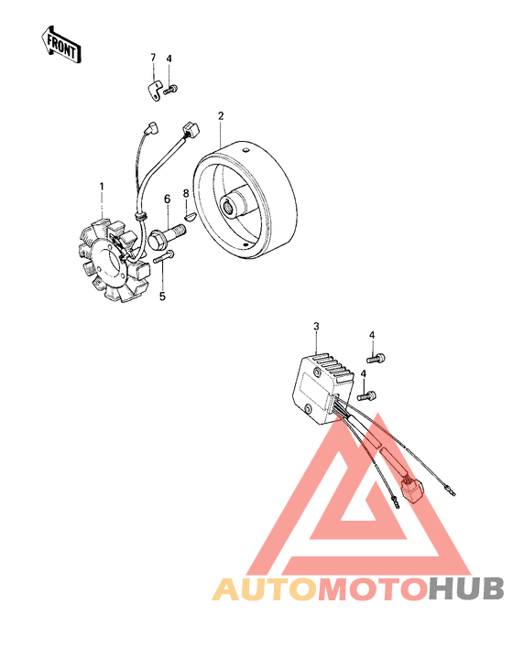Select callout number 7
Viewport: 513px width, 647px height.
153,59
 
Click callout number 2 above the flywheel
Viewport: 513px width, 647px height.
220,115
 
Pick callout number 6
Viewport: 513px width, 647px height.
167,199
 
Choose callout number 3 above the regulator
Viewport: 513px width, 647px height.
315,326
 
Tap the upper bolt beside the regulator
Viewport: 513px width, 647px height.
377,356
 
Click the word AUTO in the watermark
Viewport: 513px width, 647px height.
264,588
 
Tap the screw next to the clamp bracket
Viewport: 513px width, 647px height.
174,87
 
